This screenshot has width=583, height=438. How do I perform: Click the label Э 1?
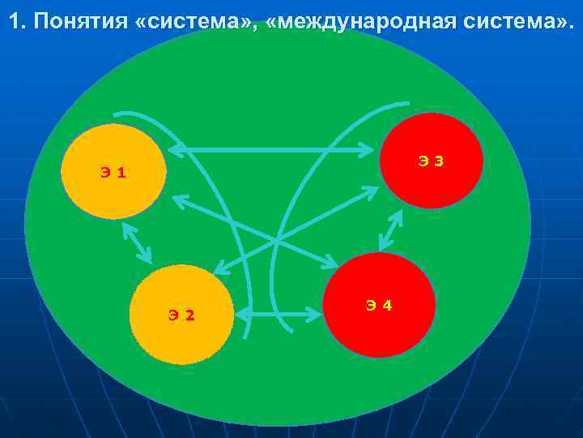point(113,172)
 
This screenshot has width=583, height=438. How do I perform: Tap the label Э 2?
point(181,315)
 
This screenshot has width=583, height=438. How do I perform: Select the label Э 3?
point(431,161)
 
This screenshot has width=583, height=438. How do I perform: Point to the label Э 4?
point(379,306)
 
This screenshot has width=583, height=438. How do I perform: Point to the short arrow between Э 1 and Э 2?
point(137,243)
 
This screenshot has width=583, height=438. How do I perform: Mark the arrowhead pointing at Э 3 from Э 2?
point(371,192)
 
